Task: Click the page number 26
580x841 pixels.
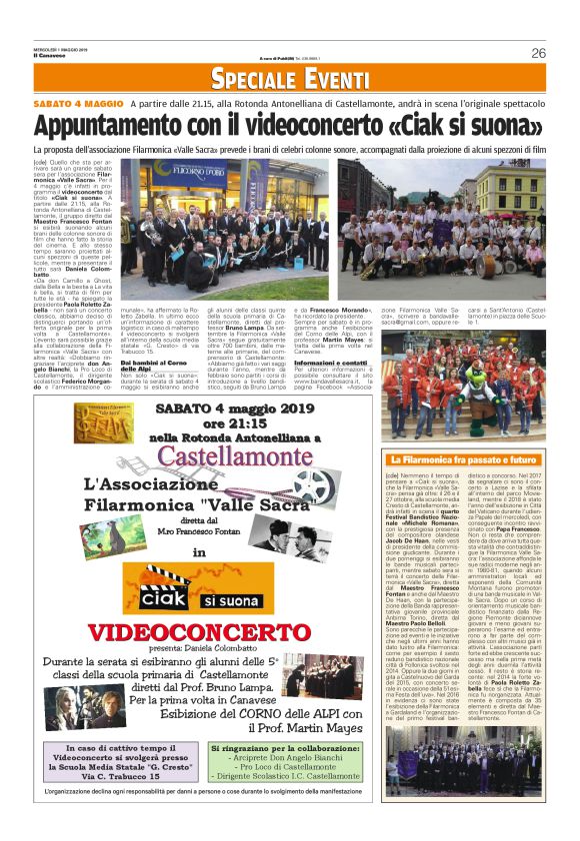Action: click(539, 53)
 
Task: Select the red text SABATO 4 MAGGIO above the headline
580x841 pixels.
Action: click(75, 105)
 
